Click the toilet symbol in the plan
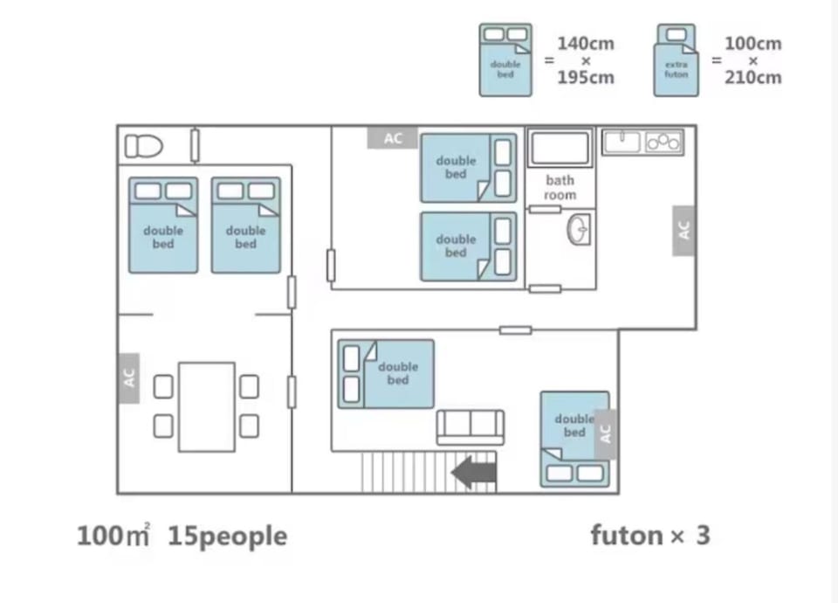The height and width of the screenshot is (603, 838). [x=143, y=146]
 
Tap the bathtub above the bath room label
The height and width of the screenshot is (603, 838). [x=560, y=148]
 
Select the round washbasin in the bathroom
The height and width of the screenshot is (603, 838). [x=579, y=229]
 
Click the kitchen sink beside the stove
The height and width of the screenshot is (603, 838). [x=622, y=142]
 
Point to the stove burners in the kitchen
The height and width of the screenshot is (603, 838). [x=663, y=142]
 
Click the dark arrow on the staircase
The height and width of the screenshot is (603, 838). [x=474, y=473]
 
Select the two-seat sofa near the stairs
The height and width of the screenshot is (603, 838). [x=471, y=427]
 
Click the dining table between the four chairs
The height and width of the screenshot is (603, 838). [x=207, y=407]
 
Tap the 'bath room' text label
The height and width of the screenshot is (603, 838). [x=560, y=188]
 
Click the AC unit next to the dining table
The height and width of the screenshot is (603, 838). [x=129, y=378]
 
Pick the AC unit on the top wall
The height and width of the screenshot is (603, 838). [x=393, y=138]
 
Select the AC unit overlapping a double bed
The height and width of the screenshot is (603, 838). [x=605, y=434]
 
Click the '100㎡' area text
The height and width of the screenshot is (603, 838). [x=113, y=536]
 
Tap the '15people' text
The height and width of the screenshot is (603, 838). [x=228, y=537]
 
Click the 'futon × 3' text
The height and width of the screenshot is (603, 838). [x=650, y=535]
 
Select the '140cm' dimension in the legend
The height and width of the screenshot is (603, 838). [x=586, y=44]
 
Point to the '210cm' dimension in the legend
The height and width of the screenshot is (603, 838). [x=753, y=78]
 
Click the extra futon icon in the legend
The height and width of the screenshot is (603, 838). [x=676, y=60]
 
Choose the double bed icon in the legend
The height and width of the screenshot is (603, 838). [x=505, y=60]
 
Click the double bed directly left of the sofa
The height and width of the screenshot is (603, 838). [x=386, y=374]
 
